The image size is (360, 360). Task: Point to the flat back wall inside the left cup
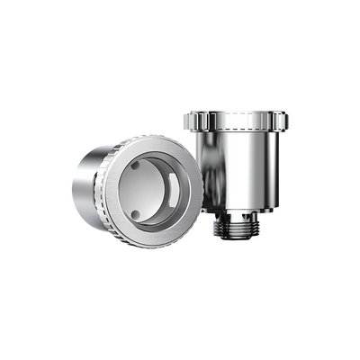153,191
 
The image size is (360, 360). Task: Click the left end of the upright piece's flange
184,121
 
